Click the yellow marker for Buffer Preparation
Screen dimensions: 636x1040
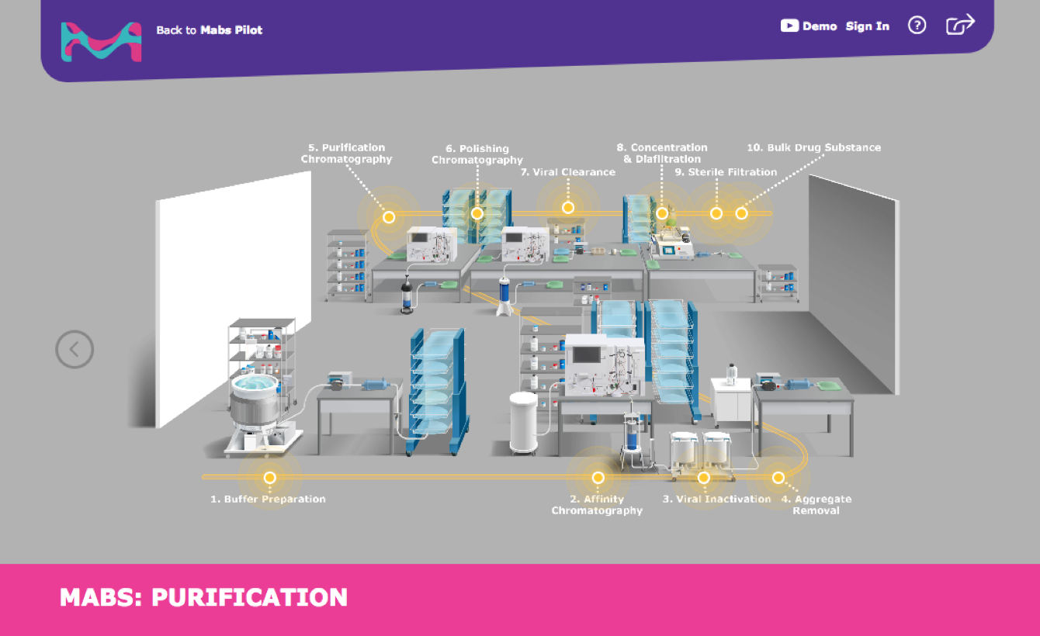pyautogui.click(x=270, y=478)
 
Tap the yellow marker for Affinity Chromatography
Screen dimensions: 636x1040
pyautogui.click(x=598, y=478)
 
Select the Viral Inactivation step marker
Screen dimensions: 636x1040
pyautogui.click(x=704, y=478)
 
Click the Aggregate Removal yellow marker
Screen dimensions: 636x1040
pyautogui.click(x=778, y=478)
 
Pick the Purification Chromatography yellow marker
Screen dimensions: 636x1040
pyautogui.click(x=389, y=217)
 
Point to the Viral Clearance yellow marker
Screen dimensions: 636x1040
pyautogui.click(x=568, y=208)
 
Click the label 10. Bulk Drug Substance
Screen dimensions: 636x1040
pyautogui.click(x=813, y=147)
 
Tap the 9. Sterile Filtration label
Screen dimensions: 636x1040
pyautogui.click(x=725, y=172)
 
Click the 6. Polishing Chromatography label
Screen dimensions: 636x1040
pyautogui.click(x=477, y=154)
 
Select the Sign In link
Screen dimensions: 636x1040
pyautogui.click(x=867, y=26)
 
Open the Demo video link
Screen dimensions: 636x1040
pyautogui.click(x=809, y=26)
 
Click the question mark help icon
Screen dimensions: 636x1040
pyautogui.click(x=917, y=26)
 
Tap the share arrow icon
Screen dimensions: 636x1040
pyautogui.click(x=959, y=25)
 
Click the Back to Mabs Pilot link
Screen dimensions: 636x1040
pyautogui.click(x=209, y=30)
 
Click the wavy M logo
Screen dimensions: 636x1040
pyautogui.click(x=101, y=41)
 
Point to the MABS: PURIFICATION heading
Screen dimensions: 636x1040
pyautogui.click(x=203, y=597)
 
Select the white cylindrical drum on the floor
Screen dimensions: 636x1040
pyautogui.click(x=523, y=423)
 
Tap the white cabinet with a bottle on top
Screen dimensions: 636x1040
pyautogui.click(x=730, y=401)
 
